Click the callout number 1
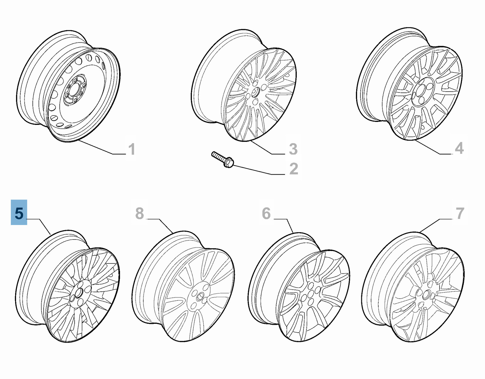[x=131, y=149]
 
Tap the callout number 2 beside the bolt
[x=293, y=169]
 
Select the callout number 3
[x=293, y=149]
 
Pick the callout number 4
[x=459, y=149]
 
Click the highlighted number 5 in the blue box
[x=19, y=213]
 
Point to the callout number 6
[x=266, y=213]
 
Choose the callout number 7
[x=460, y=213]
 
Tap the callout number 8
[x=139, y=213]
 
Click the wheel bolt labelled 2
[x=223, y=160]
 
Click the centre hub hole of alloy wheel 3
[x=254, y=93]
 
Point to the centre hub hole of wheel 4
[x=421, y=91]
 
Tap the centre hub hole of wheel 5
[x=79, y=293]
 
